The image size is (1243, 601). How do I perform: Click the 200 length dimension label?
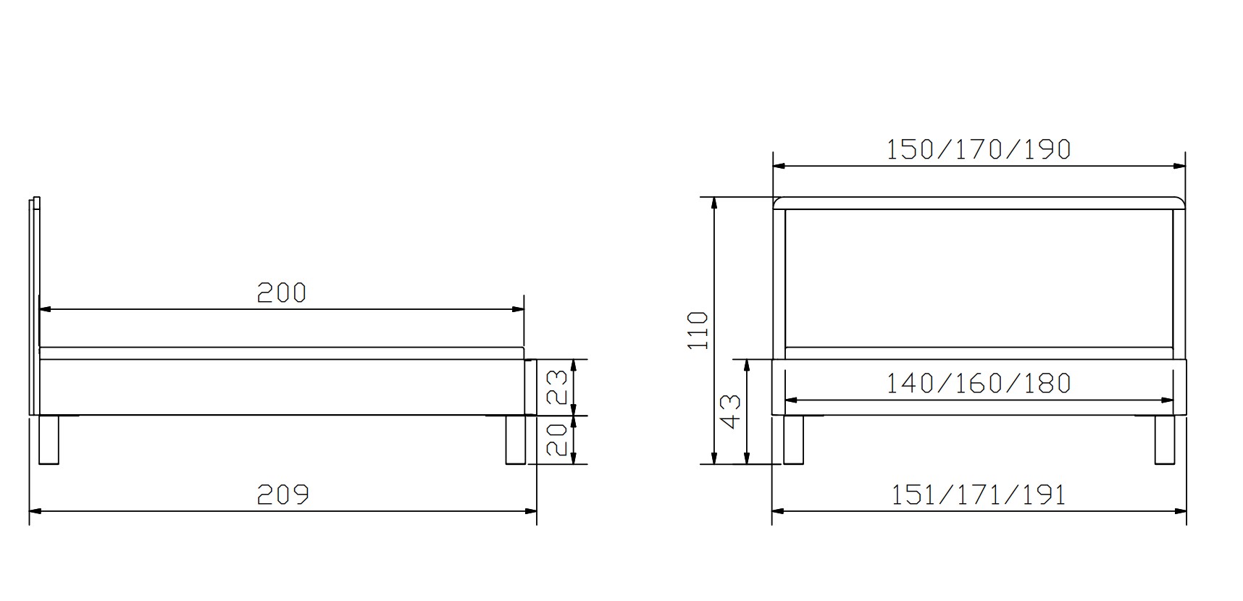coord(282,293)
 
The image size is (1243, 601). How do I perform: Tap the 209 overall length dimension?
coord(283,495)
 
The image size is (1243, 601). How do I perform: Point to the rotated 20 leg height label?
coord(556,440)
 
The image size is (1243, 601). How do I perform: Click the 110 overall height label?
coord(697,330)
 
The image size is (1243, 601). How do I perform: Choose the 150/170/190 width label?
coord(979,149)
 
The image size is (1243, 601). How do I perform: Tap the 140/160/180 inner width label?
coord(979,383)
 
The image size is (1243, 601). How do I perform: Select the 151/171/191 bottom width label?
coord(979,495)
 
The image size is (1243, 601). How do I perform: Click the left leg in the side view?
coord(49,440)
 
